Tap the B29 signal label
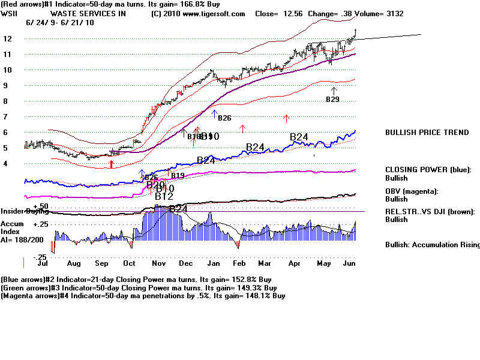(x=332, y=98)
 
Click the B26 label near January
(x=224, y=118)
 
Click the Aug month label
(x=74, y=263)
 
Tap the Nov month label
(x=158, y=263)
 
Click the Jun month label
(x=349, y=263)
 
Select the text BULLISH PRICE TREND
(x=427, y=133)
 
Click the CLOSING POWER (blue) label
(x=428, y=170)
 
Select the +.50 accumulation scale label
(x=41, y=206)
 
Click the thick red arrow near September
(x=111, y=163)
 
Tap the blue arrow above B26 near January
(x=214, y=113)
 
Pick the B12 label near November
(x=164, y=196)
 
